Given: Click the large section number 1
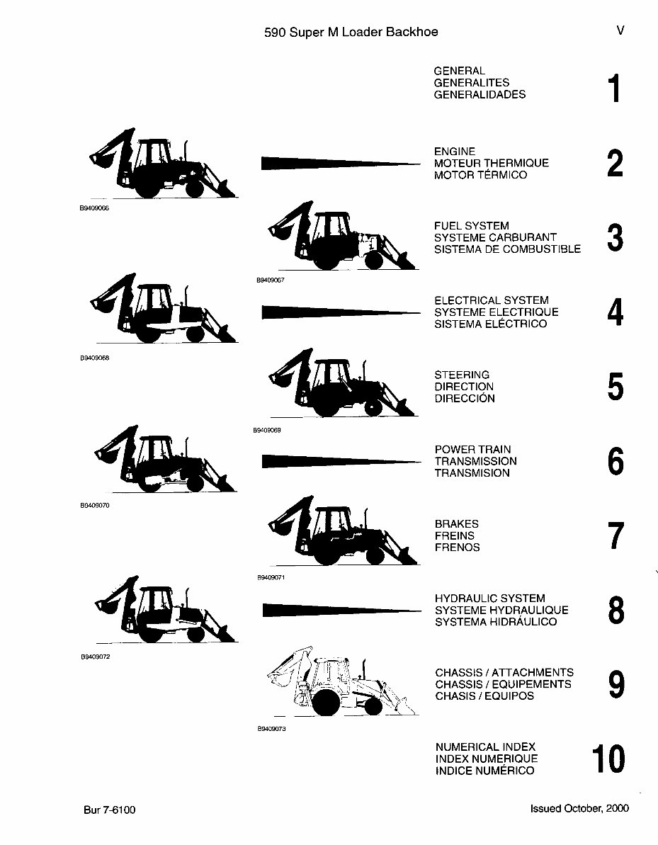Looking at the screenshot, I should (614, 89).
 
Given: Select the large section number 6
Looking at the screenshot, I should (616, 462).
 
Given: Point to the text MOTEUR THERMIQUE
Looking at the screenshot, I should (491, 163).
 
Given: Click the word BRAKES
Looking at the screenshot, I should (456, 523).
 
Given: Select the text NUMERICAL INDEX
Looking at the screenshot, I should (485, 747).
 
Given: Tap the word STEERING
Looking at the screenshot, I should (462, 375).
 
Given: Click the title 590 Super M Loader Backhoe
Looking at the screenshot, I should (351, 32).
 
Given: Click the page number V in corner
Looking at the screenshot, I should (620, 31).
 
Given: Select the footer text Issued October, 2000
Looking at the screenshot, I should (579, 808).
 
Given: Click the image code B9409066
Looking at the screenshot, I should (94, 209).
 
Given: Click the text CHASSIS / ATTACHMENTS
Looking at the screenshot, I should (504, 672).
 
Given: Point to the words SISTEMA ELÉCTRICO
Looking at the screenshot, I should (490, 324).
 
